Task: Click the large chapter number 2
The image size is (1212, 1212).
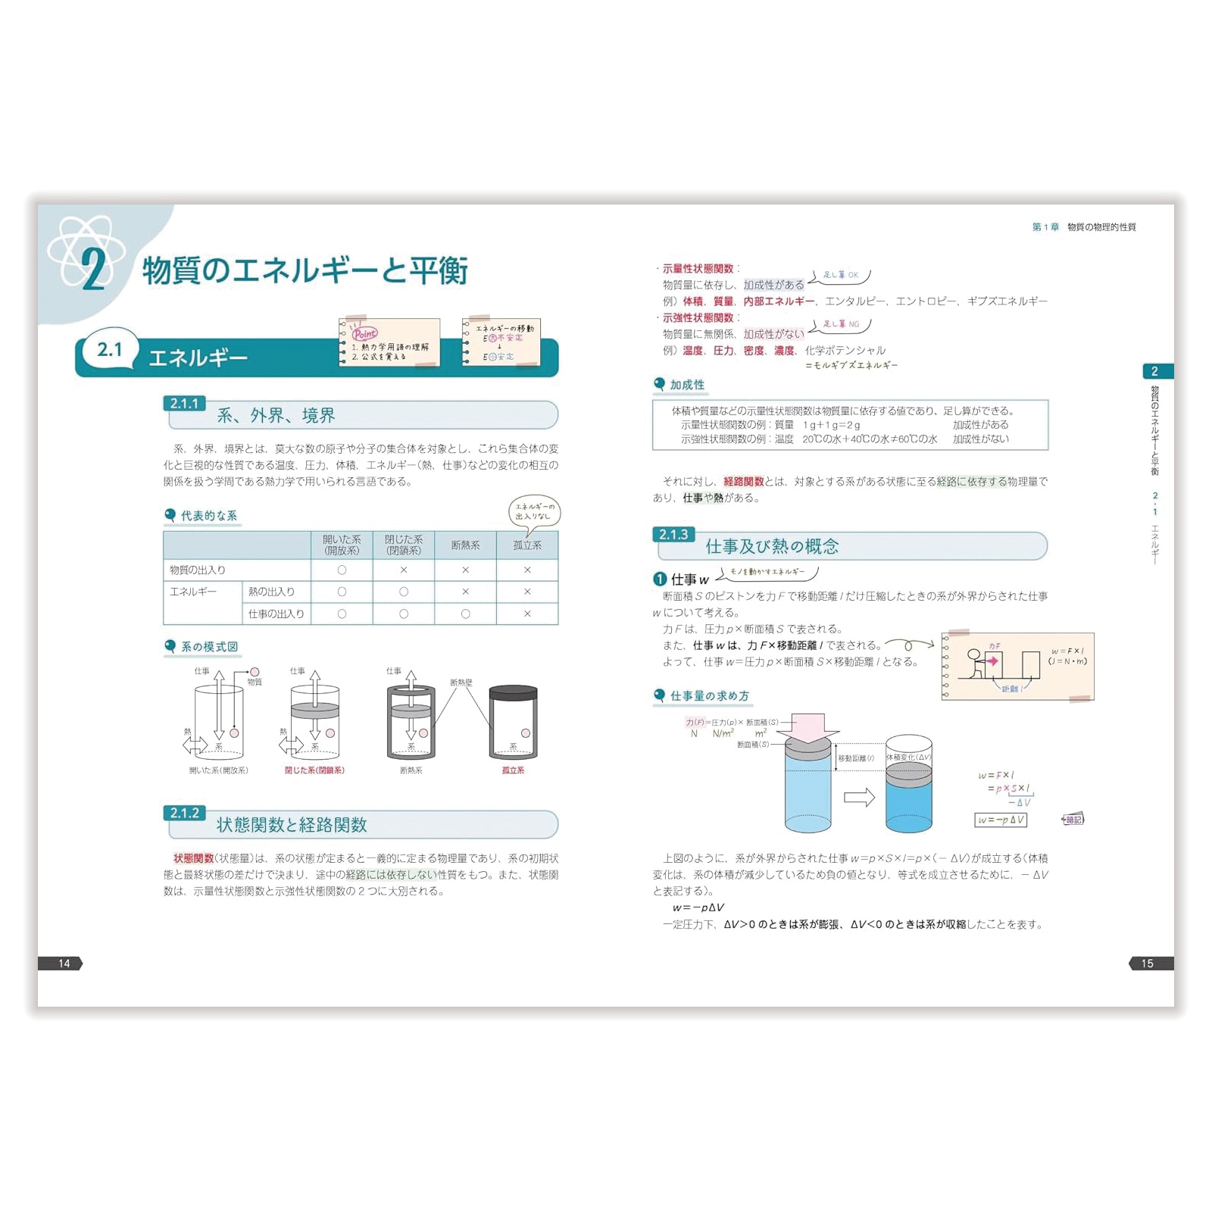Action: click(x=92, y=269)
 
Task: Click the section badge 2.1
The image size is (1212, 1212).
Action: click(x=110, y=349)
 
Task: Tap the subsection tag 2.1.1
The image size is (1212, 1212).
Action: click(x=184, y=404)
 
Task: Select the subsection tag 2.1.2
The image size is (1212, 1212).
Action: click(x=184, y=813)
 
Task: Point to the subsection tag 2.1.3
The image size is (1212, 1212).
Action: click(x=673, y=534)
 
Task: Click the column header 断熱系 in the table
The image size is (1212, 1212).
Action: click(x=465, y=545)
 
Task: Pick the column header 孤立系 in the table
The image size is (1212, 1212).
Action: click(x=527, y=545)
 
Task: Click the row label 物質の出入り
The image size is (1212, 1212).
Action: click(x=198, y=570)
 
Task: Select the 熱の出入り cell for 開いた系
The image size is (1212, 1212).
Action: click(x=342, y=592)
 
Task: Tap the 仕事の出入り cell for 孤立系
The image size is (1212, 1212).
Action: click(x=527, y=614)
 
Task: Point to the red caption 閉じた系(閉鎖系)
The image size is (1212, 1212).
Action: click(x=314, y=770)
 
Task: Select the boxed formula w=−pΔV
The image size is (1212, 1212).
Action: click(x=1000, y=820)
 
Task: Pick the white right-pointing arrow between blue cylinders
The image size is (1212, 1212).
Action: click(x=859, y=797)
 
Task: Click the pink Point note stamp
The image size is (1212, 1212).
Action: click(x=364, y=333)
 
